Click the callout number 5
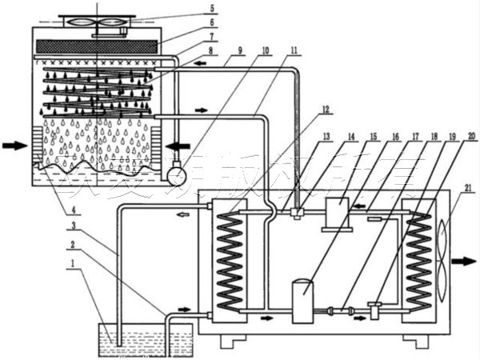click(212, 10)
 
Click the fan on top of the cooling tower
click(94, 20)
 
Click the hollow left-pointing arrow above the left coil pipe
click(183, 214)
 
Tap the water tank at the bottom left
click(144, 340)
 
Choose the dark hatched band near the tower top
click(94, 46)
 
